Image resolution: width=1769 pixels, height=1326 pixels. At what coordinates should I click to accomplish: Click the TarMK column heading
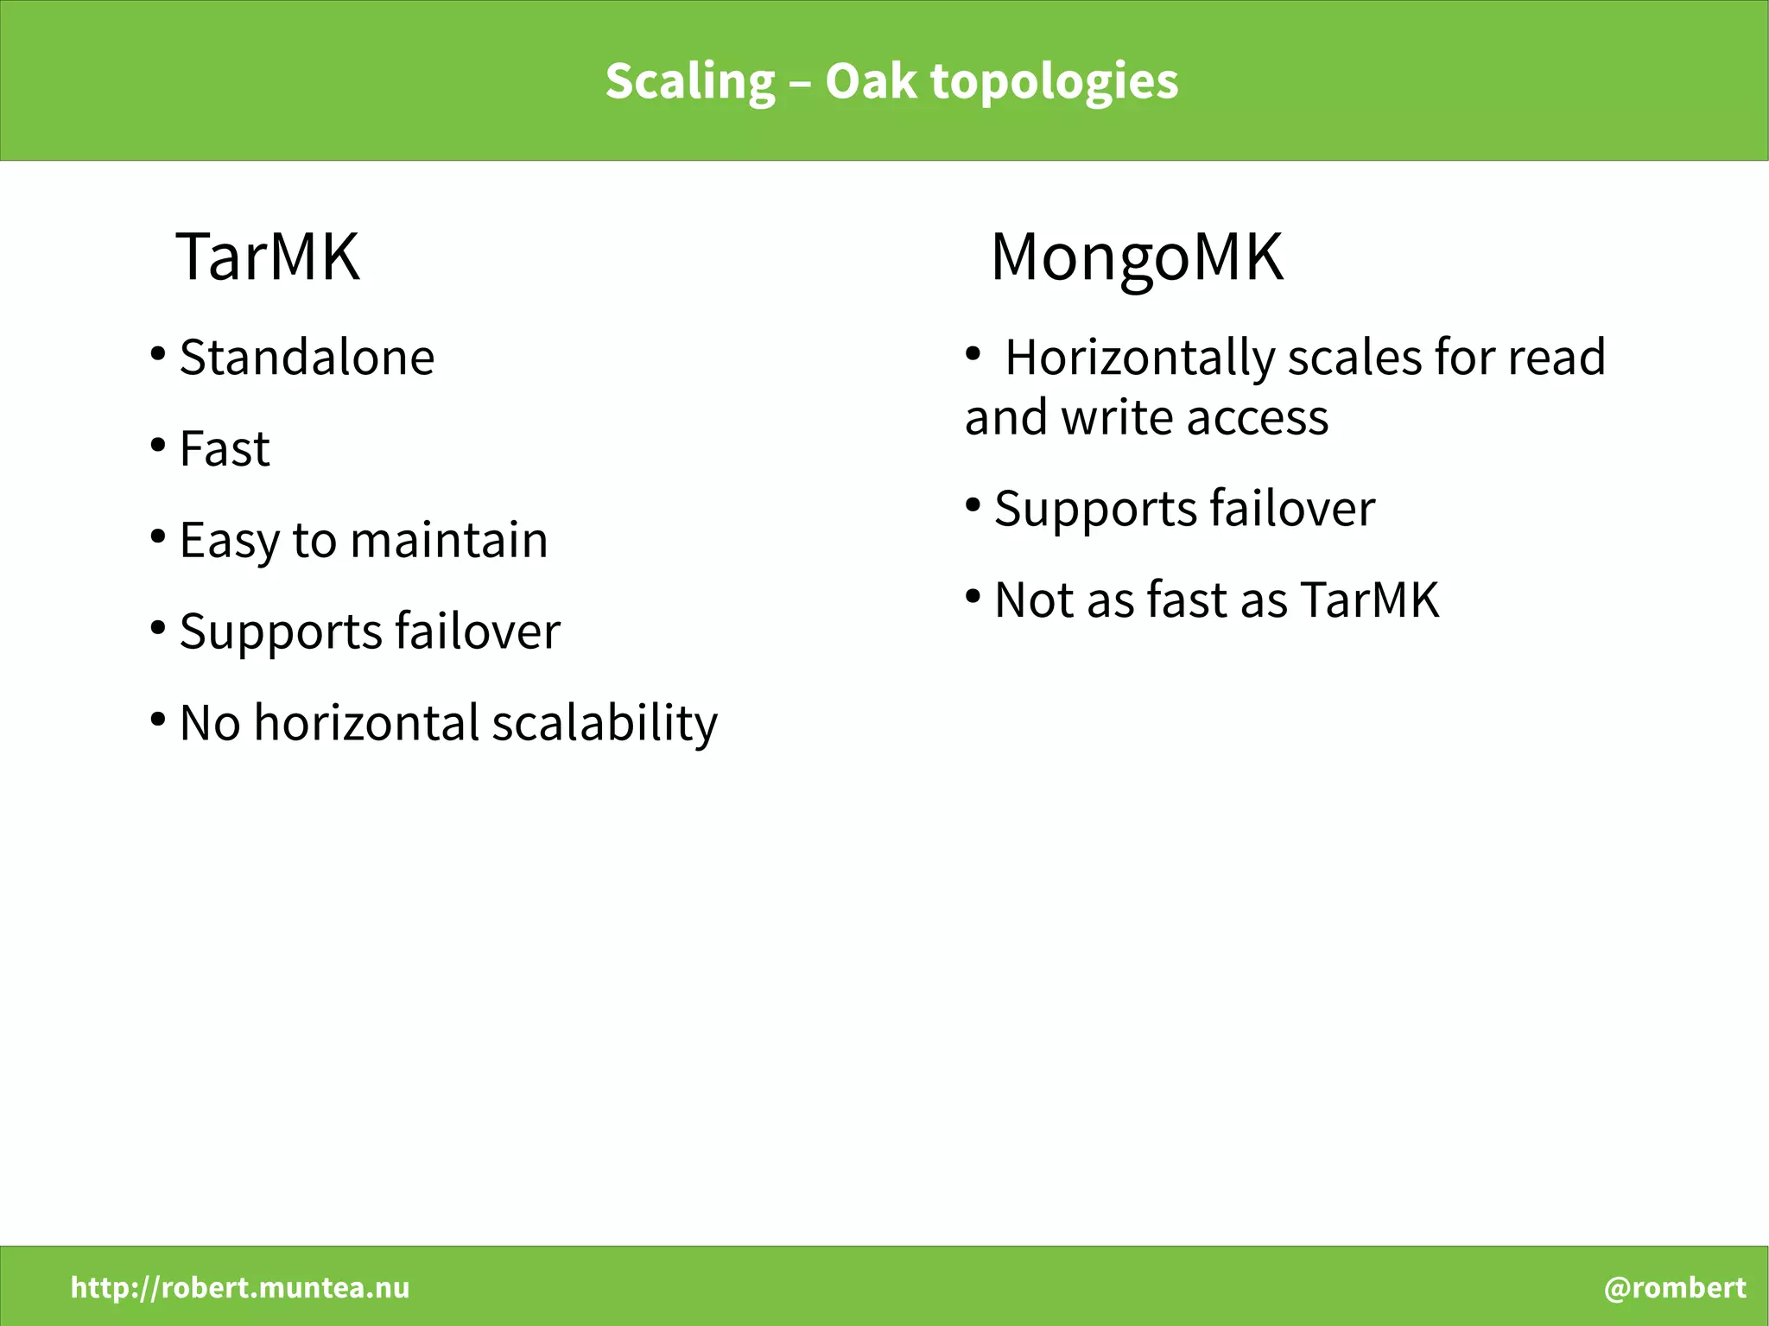coord(268,257)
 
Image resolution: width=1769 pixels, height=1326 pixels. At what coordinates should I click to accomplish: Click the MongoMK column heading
coord(1137,257)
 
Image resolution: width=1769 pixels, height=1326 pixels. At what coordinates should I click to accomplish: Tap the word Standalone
coord(307,357)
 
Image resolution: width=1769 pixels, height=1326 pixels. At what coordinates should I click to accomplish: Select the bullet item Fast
coord(225,448)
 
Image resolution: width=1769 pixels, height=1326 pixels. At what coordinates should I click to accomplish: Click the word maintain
coord(449,540)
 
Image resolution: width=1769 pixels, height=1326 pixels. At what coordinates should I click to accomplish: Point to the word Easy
coord(229,542)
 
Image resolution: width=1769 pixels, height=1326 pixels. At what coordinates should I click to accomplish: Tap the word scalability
coord(605,723)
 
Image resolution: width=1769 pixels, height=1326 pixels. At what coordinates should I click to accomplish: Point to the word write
coord(1117,417)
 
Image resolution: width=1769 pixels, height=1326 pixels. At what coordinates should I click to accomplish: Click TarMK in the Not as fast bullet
coord(1369,600)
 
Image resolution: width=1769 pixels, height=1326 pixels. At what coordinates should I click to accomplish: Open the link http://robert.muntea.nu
coord(240,1287)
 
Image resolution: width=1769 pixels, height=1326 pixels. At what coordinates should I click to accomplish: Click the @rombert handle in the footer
coord(1675,1287)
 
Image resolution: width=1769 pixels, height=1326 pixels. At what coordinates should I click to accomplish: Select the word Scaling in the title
coord(690,82)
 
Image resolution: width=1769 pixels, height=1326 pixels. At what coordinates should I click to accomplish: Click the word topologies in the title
coord(1054,82)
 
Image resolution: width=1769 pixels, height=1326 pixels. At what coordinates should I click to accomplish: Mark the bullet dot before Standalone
coord(157,354)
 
